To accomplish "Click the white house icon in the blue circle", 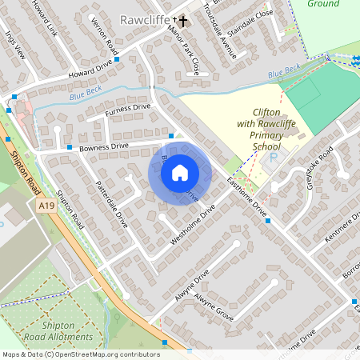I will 180,172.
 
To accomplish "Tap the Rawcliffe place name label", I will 144,18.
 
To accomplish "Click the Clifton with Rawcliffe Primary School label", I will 266,130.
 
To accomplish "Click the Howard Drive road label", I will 90,72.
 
